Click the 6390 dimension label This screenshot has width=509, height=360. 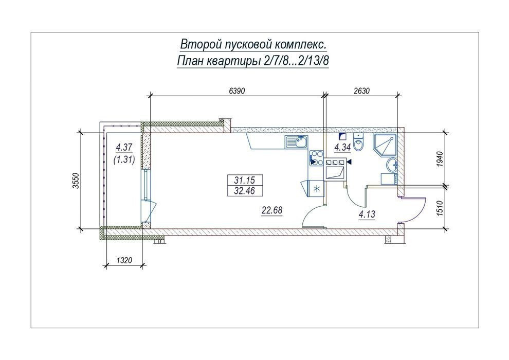[x=237, y=91]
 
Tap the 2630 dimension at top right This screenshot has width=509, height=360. [x=361, y=91]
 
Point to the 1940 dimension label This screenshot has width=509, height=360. [x=440, y=159]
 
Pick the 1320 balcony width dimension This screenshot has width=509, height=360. [x=124, y=260]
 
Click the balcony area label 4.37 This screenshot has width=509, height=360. [x=124, y=148]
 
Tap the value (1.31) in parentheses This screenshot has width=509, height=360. [x=124, y=159]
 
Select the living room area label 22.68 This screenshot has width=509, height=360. [x=272, y=210]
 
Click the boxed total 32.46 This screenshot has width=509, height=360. [x=245, y=191]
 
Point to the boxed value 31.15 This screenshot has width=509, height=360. [x=245, y=180]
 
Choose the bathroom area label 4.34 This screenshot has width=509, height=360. [x=342, y=148]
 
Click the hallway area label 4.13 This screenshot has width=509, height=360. [x=367, y=214]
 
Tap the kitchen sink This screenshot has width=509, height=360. [x=296, y=142]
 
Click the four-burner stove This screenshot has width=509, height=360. [x=316, y=158]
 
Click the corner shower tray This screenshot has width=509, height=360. [x=385, y=145]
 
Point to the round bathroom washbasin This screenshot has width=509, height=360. [x=392, y=166]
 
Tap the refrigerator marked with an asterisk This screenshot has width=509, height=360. [x=316, y=189]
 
